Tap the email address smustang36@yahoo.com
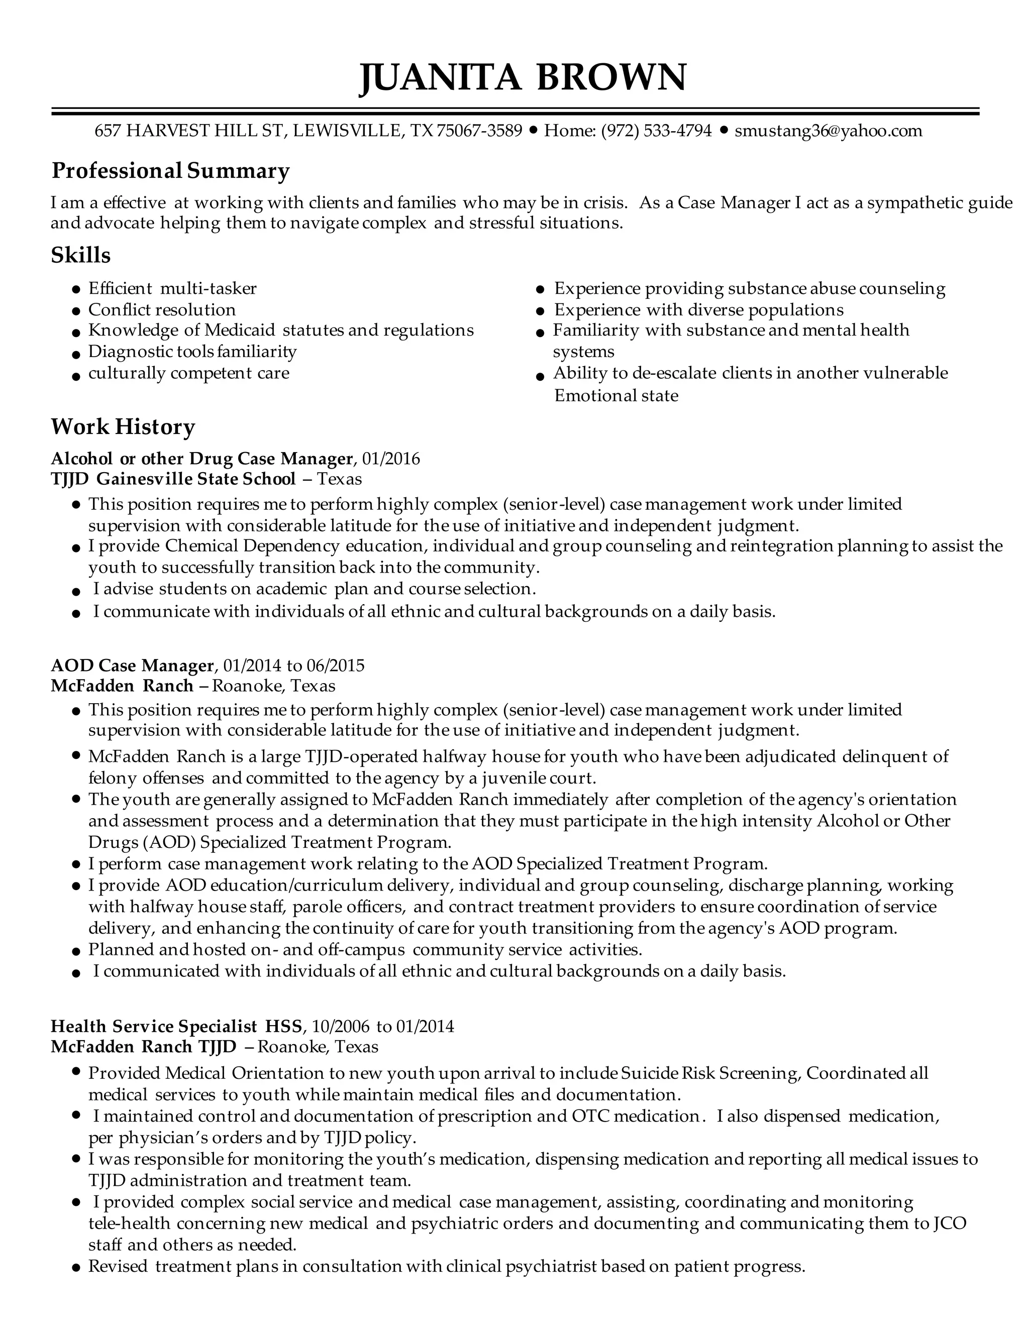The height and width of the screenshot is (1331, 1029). [x=828, y=131]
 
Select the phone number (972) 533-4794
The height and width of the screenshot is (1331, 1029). [x=657, y=131]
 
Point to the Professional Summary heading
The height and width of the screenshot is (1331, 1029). [x=170, y=171]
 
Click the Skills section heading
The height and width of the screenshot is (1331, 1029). [x=80, y=255]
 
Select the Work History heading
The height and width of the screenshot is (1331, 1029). [x=123, y=426]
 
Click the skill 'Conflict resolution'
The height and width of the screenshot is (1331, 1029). [x=162, y=309]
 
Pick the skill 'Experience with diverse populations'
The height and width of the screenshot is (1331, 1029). [x=698, y=309]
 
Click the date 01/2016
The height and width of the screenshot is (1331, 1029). [x=391, y=458]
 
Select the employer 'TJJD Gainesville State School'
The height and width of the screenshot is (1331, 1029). [x=173, y=479]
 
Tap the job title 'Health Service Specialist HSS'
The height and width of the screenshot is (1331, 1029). [x=176, y=1026]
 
